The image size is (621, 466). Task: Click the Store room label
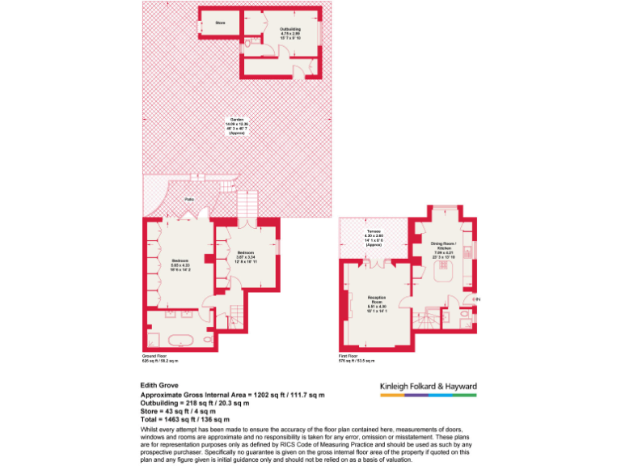point(219,23)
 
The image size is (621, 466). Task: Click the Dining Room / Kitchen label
point(443,248)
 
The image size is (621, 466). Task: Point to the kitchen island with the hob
point(443,274)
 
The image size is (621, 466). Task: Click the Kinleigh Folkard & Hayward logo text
point(429,387)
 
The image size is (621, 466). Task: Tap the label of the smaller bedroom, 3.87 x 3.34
point(246,260)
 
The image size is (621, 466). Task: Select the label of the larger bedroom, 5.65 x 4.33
point(180,264)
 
